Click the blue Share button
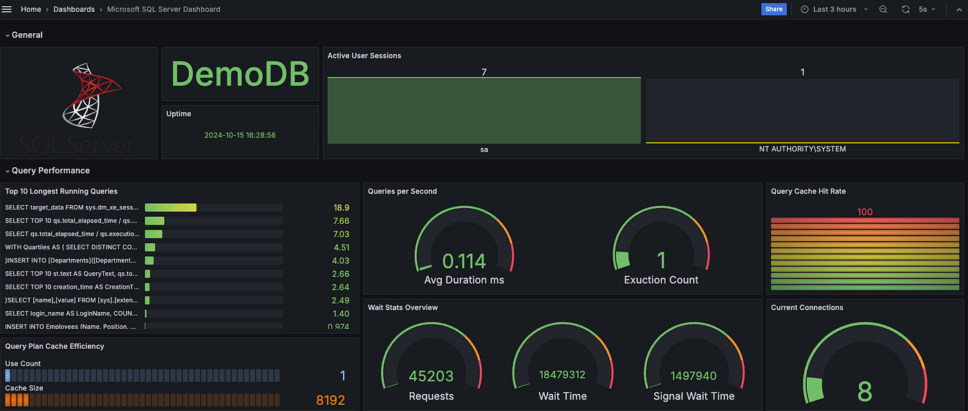click(774, 9)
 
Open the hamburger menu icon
click(7, 9)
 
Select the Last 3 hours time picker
click(834, 9)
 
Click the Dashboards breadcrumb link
click(74, 9)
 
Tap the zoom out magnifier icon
click(883, 9)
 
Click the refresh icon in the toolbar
click(906, 9)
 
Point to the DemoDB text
click(240, 74)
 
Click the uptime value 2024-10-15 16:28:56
click(240, 135)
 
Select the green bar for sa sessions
click(484, 111)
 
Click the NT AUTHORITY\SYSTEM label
click(802, 149)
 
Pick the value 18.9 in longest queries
click(341, 207)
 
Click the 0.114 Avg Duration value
click(464, 260)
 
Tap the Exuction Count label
click(661, 280)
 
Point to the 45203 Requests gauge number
click(431, 376)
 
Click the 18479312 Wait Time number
click(562, 375)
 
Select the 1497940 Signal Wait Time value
click(694, 375)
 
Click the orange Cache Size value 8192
click(331, 400)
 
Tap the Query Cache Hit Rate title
click(808, 191)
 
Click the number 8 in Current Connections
click(864, 391)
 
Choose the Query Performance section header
click(50, 171)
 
